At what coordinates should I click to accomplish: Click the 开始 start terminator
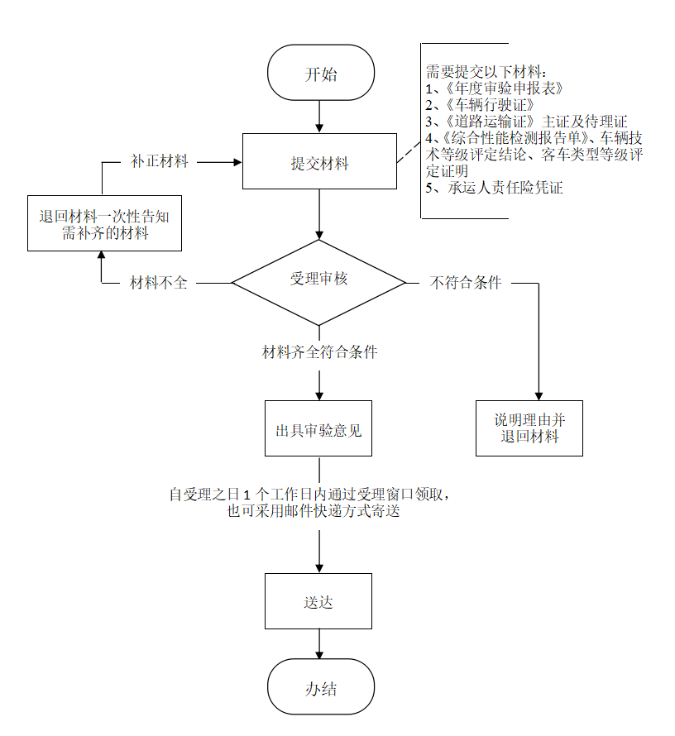click(321, 74)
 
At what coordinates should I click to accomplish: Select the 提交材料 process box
click(319, 163)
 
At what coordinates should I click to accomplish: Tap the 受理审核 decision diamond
click(319, 280)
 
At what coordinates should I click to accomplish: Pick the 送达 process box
click(318, 601)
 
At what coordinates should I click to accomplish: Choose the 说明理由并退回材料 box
click(529, 428)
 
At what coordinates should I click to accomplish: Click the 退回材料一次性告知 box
click(105, 224)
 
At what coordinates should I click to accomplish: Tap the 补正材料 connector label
click(160, 162)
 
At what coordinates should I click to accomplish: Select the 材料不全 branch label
click(159, 283)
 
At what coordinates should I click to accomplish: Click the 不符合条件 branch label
click(466, 283)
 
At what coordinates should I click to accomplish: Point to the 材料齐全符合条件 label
click(319, 352)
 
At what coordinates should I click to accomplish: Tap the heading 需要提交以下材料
click(488, 72)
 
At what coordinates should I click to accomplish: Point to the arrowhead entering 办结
click(320, 652)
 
